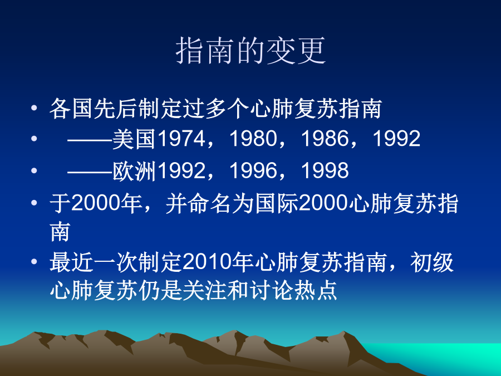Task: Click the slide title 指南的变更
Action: [x=251, y=51]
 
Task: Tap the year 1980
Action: [x=253, y=139]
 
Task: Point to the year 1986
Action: [x=325, y=139]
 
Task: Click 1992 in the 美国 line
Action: [x=396, y=139]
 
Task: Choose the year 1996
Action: [x=253, y=170]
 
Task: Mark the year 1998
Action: [x=325, y=170]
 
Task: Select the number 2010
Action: [x=207, y=262]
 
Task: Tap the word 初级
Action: [x=432, y=262]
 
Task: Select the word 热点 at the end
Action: [x=316, y=290]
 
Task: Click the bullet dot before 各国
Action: [x=34, y=108]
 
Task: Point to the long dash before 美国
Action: [x=90, y=139]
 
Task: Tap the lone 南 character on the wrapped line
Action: [x=60, y=231]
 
